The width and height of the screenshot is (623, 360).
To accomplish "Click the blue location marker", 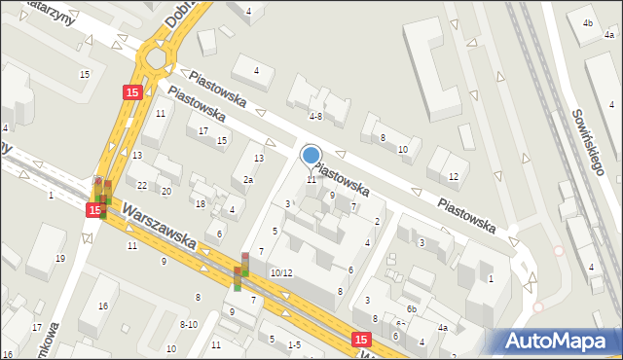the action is click(311, 155).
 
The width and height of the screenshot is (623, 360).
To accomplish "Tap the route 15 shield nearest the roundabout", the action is click(133, 91).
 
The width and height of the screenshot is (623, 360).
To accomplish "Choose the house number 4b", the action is click(587, 22).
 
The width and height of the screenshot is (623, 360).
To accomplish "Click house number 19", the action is click(60, 258).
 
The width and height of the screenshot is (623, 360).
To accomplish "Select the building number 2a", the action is click(248, 180).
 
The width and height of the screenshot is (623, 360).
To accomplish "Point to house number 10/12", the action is click(281, 273).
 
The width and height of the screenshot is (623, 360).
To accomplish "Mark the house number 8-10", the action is click(188, 325).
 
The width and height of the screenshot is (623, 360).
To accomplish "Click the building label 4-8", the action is click(315, 116).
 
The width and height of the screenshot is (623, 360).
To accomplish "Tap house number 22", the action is click(142, 186).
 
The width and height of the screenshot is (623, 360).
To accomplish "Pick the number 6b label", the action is click(412, 309).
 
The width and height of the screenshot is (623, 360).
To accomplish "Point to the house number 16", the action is click(102, 306).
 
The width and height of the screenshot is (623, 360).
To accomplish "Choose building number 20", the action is click(166, 192).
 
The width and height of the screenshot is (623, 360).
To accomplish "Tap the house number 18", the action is click(201, 204).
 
